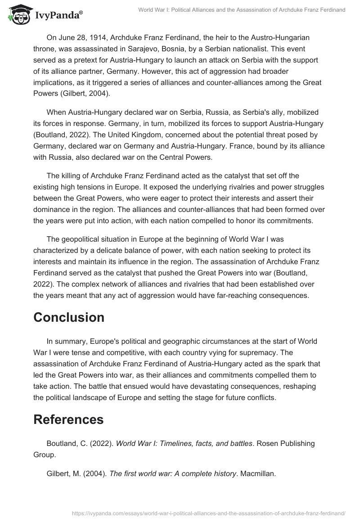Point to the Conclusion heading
[69, 317]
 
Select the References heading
[68, 419]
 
